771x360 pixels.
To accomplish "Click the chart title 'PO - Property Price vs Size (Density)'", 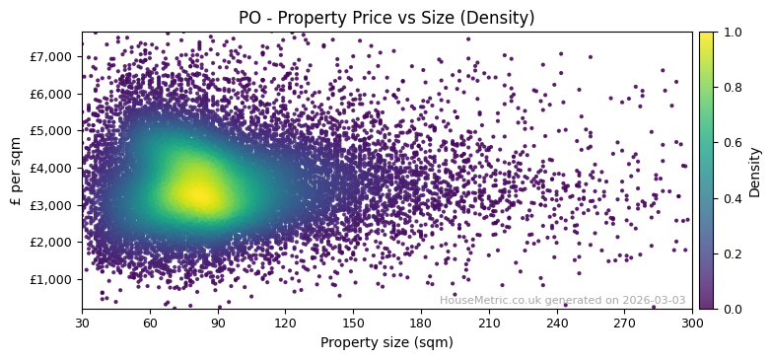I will point(386,18).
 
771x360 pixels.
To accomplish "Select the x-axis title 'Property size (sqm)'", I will point(386,342).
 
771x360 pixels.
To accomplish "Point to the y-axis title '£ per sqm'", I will point(16,171).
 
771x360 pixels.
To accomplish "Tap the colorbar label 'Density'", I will point(755,171).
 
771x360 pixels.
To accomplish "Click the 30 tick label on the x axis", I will point(82,322).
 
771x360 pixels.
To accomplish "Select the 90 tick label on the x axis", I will point(218,322).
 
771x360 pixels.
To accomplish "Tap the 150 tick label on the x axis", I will point(353,322).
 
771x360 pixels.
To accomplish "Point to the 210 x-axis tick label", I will point(489,322).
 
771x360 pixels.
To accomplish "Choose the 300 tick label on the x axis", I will point(692,322).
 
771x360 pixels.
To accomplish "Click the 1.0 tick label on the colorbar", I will point(733,32).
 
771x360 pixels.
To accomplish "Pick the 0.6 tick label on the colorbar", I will point(733,143).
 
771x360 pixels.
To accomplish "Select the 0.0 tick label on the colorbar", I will point(733,309).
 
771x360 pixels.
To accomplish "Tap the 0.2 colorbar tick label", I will point(733,253).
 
